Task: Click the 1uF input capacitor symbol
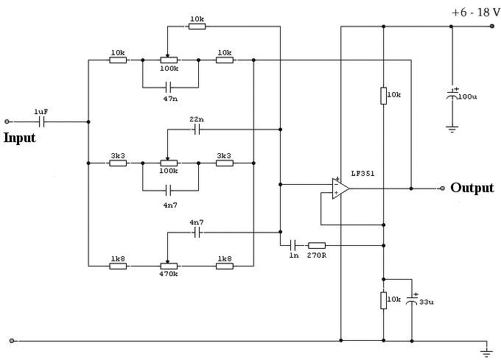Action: coord(41,121)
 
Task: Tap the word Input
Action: coord(19,138)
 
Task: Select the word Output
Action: coord(472,188)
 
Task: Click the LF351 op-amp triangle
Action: coord(340,188)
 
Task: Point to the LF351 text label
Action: coord(362,174)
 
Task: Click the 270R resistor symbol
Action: coord(317,245)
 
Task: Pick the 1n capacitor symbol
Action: coord(293,245)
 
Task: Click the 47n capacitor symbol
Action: coord(169,87)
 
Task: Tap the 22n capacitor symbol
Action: coord(197,130)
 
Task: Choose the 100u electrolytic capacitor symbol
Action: coord(452,94)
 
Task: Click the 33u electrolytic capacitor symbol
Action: coord(412,300)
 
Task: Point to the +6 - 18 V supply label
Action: coord(476,13)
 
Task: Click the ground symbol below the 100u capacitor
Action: coord(452,130)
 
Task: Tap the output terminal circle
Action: coord(443,188)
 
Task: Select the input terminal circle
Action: coord(7,121)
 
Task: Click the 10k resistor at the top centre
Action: coord(197,27)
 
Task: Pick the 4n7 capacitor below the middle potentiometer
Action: coord(169,191)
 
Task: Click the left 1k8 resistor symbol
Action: coord(118,266)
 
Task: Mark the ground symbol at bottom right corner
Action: coord(486,353)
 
